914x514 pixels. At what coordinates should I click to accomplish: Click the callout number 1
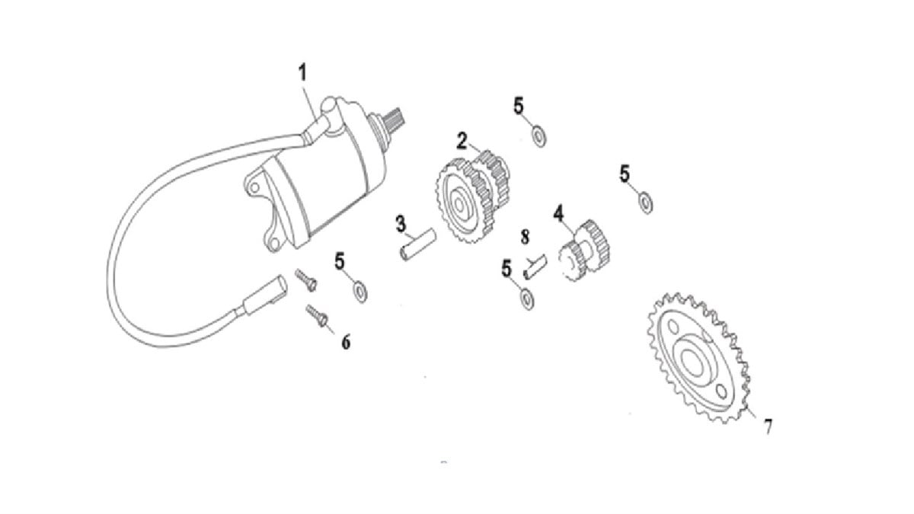tap(302, 72)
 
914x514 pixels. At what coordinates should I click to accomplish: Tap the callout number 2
tap(462, 141)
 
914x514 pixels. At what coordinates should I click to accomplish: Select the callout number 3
tap(401, 224)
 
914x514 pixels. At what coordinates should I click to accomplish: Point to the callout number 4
tap(558, 214)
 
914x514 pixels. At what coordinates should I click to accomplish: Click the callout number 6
tap(346, 342)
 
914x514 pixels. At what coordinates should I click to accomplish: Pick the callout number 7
tap(769, 426)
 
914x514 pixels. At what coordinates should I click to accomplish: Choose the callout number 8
tap(525, 237)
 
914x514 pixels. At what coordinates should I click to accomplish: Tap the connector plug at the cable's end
tap(265, 295)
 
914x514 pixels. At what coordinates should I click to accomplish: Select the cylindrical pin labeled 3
tap(417, 245)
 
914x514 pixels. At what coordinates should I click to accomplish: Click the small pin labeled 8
tap(535, 267)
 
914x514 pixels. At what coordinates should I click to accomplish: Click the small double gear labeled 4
tap(584, 251)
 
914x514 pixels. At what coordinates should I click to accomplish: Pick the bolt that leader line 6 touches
tap(317, 316)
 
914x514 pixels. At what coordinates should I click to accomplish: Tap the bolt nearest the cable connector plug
tap(306, 280)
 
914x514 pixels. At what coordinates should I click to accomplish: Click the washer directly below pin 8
tap(528, 300)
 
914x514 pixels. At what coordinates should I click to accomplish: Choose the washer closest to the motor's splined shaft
tap(539, 136)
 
